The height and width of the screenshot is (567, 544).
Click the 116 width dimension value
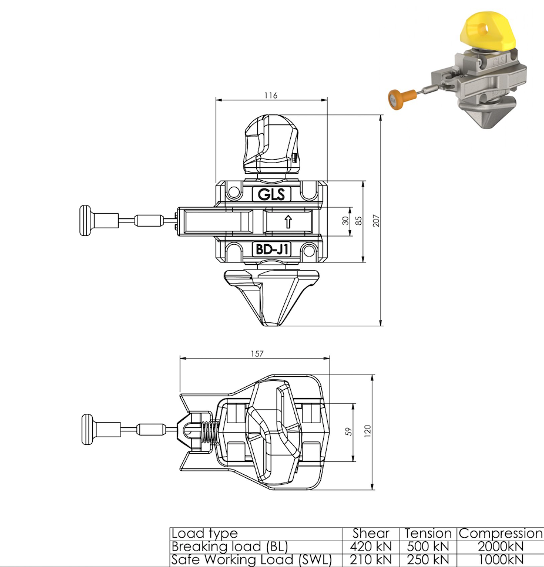pos(270,95)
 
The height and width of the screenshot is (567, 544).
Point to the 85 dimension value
pos(358,221)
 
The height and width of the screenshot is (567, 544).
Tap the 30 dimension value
pos(345,221)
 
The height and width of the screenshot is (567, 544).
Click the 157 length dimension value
pos(256,353)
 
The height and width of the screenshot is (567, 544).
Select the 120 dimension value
pos(368,432)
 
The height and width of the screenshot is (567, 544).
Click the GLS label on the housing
pos(271,194)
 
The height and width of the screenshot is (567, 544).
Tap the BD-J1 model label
pos(271,249)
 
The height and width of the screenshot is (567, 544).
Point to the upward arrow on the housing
pos(288,222)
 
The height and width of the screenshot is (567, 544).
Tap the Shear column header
pos(371,534)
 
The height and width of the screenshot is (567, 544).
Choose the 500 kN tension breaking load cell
pos(428,546)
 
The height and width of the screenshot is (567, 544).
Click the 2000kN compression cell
pos(501,546)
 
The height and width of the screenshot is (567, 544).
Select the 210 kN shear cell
pos(371,559)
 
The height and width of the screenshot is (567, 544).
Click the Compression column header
pos(501,534)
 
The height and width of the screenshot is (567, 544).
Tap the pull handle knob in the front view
pos(88,221)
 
